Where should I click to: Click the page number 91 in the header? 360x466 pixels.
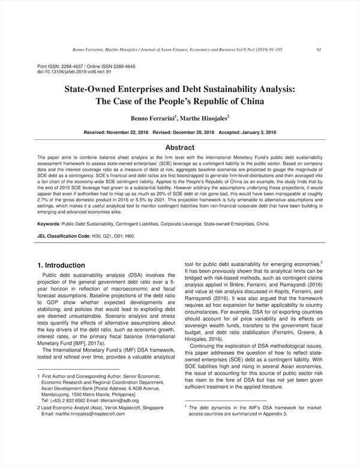tap(319, 50)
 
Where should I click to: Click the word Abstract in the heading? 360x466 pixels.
tap(179, 147)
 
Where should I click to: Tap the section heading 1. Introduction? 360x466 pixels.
tap(61, 265)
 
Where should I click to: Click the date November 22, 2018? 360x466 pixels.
tap(128, 132)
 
